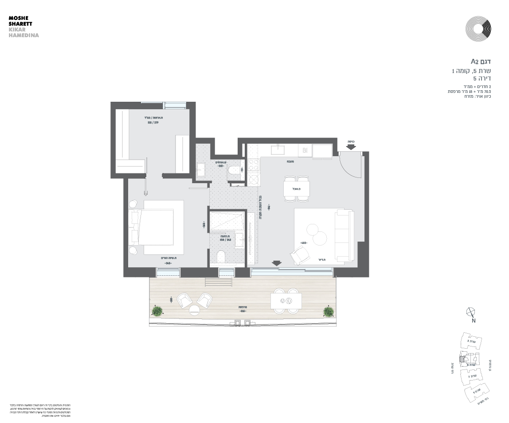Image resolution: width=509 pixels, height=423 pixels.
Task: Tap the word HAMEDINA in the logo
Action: [x=24, y=35]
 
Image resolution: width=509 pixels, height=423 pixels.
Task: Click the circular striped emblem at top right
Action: [x=478, y=29]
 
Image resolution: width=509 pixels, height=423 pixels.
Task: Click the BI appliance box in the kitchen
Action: [x=305, y=150]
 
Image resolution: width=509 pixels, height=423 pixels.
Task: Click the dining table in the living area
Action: [x=297, y=189]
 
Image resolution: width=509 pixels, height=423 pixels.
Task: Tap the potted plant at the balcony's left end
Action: [x=157, y=311]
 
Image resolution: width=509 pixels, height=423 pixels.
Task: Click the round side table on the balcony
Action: [x=195, y=310]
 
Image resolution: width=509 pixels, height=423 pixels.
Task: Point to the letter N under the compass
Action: [x=474, y=321]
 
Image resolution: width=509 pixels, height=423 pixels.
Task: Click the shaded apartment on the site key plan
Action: [x=462, y=360]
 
